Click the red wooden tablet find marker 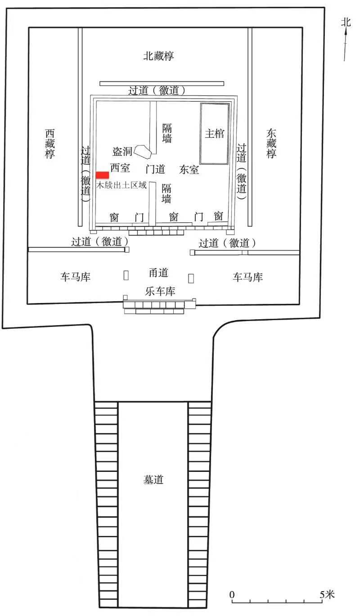(102, 175)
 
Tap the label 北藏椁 (158, 56)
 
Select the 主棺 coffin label (215, 134)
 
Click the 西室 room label (120, 168)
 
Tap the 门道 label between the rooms (155, 169)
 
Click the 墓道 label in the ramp (153, 480)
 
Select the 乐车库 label (160, 291)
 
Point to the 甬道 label (158, 273)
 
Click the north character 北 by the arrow (346, 22)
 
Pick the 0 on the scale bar (232, 594)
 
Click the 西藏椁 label (50, 144)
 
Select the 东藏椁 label (271, 144)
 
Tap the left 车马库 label (76, 277)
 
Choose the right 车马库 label (247, 277)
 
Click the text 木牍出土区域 (121, 185)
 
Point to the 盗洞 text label (122, 151)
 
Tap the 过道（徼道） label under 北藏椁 (157, 90)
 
